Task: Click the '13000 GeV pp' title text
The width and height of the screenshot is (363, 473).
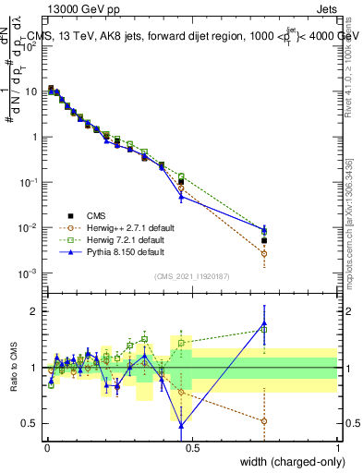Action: coord(75,8)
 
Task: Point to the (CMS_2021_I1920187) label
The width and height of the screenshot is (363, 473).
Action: coord(191,274)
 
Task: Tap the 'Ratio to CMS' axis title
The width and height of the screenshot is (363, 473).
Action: coord(13,368)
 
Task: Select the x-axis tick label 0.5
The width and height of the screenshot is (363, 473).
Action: coord(191,447)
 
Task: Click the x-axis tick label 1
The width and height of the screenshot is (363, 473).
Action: coord(337,447)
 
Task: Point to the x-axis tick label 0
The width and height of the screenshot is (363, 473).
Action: coord(46,447)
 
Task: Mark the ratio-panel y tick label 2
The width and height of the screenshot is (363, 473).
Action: coord(35,311)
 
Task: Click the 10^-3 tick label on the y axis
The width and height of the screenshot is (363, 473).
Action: coord(27,273)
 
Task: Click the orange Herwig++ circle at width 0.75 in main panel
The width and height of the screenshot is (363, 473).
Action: coord(264,253)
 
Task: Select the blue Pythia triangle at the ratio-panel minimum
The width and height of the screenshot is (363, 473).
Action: coord(181,426)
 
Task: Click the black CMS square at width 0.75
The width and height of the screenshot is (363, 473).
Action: coord(264,240)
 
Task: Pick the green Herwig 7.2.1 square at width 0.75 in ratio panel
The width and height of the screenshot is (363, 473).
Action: coord(264,329)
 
